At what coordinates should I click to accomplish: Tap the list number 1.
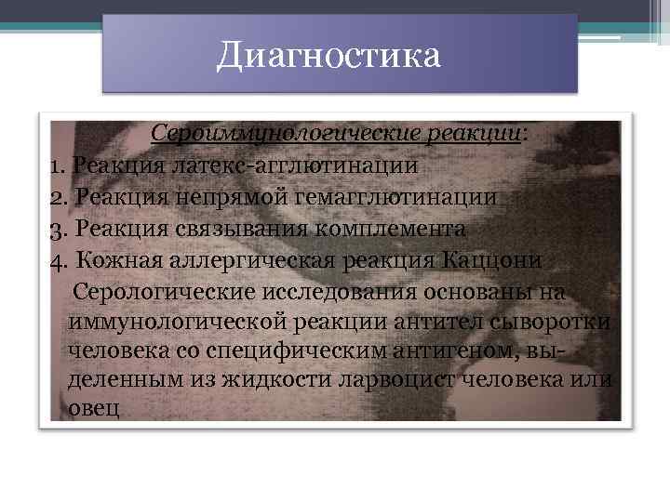point(55,166)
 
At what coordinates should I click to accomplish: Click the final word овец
point(94,410)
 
